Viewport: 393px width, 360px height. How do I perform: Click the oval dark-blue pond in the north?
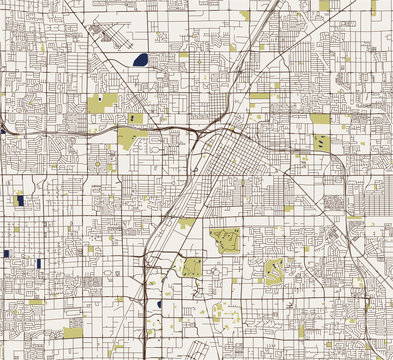(139, 59)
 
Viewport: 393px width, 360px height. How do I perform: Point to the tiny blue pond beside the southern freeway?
(160, 303)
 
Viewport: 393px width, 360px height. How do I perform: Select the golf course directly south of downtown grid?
(226, 241)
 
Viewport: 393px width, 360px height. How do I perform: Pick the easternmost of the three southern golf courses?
(273, 271)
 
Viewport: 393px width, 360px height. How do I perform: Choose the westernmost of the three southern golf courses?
(192, 267)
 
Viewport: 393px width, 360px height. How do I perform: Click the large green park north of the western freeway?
(101, 104)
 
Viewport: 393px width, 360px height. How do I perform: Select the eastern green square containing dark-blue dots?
(321, 143)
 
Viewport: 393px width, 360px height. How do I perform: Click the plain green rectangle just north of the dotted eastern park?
(320, 119)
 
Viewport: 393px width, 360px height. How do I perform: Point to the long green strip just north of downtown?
(260, 96)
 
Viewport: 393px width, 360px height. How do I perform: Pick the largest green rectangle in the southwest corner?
(73, 333)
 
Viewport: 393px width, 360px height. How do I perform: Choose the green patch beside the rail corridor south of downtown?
(186, 222)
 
